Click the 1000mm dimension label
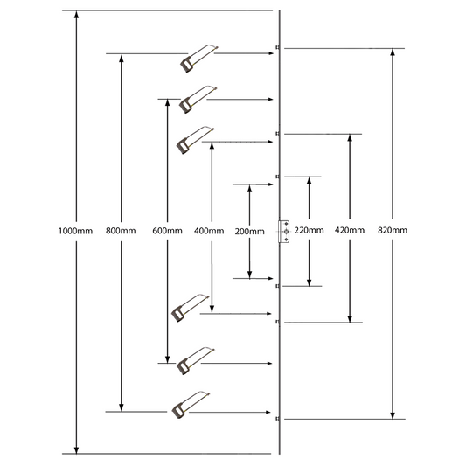click(75, 231)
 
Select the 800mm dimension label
click(121, 231)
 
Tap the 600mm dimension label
click(167, 231)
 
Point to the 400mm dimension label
click(209, 231)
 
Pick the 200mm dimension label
click(250, 231)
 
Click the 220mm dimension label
click(310, 230)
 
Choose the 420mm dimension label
click(350, 230)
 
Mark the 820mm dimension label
click(393, 230)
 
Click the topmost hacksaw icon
click(198, 59)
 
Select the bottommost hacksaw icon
click(191, 405)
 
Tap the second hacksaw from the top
click(198, 100)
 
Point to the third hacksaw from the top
click(195, 140)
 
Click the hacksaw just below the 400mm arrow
click(191, 309)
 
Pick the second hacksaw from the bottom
click(195, 361)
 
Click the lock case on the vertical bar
click(284, 232)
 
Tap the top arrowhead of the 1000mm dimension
click(76, 14)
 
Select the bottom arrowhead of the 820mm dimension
click(393, 415)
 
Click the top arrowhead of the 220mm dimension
click(310, 181)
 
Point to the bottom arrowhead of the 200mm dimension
click(250, 275)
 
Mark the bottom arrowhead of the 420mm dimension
click(350, 318)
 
